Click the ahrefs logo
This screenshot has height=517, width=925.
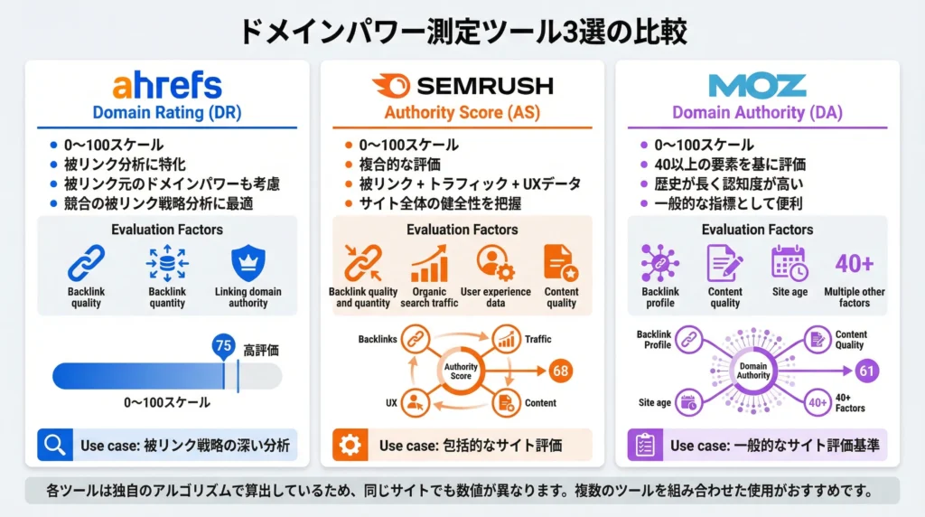[x=167, y=87]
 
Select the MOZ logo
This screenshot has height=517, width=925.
[x=757, y=86]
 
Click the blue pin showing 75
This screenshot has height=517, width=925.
[x=223, y=347]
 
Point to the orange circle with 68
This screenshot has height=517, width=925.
[x=561, y=370]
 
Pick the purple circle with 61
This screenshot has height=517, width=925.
[x=866, y=371]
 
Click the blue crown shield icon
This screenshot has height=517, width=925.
[x=248, y=263]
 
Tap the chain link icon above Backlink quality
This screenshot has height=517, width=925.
[x=86, y=263]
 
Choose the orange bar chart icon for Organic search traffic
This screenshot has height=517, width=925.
[x=429, y=263]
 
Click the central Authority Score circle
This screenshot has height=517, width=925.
[x=462, y=371]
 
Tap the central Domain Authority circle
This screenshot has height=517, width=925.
[x=753, y=371]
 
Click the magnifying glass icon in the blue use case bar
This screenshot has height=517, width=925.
[x=55, y=445]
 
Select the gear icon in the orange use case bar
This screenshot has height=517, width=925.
[x=350, y=445]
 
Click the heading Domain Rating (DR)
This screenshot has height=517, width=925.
[x=166, y=113]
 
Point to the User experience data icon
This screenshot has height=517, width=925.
[x=495, y=263]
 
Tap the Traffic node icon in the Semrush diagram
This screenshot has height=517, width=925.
[x=505, y=340]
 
